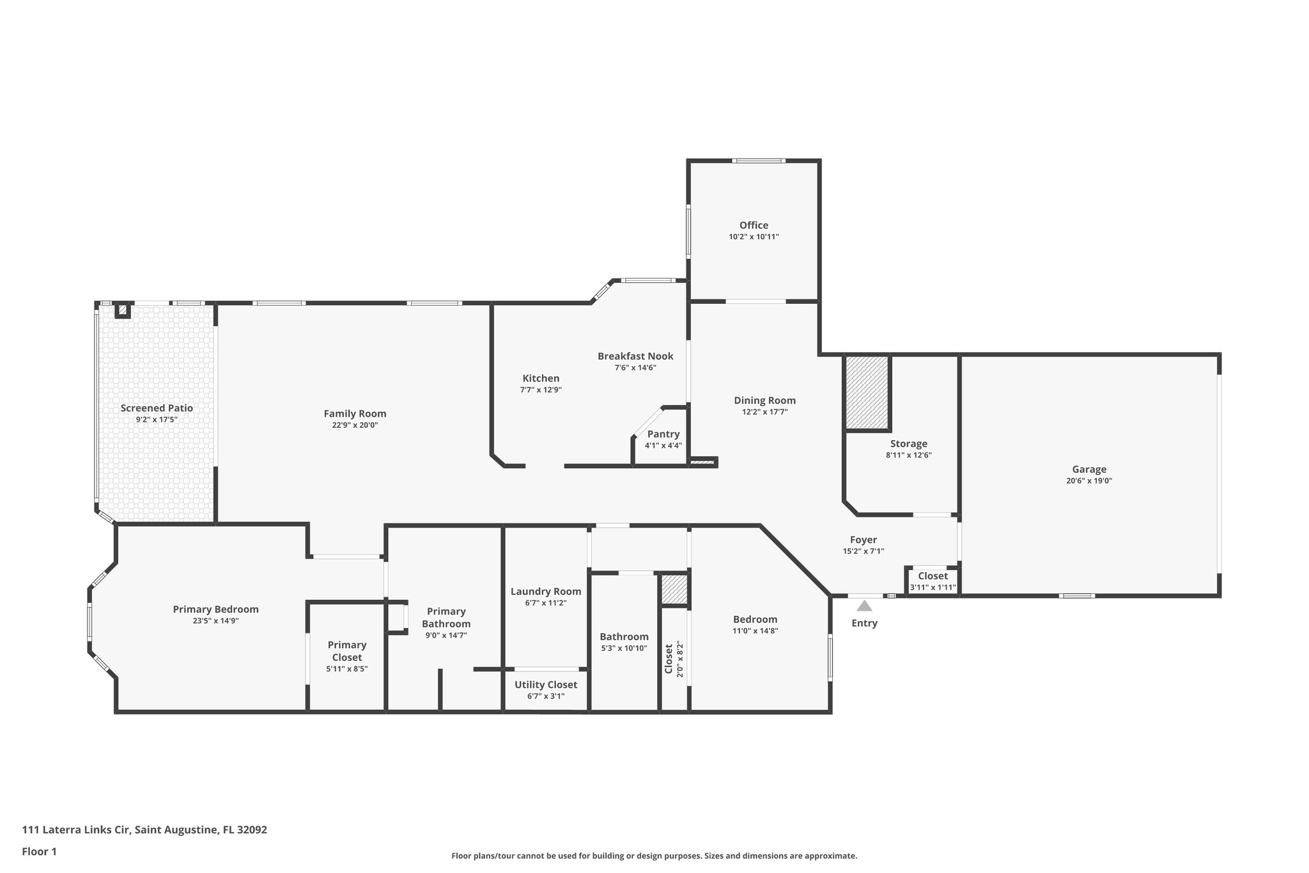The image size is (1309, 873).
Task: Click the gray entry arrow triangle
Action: (864, 606)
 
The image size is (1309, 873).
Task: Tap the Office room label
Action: (754, 225)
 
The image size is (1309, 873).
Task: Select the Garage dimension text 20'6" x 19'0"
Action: (1089, 481)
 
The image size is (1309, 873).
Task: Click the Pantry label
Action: (663, 434)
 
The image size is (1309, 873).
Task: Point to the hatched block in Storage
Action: (867, 393)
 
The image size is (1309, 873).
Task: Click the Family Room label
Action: (355, 414)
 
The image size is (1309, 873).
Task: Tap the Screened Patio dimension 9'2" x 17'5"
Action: (157, 420)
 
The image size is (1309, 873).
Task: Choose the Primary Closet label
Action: (347, 651)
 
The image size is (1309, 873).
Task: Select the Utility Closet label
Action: (546, 685)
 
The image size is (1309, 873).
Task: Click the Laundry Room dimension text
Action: (546, 603)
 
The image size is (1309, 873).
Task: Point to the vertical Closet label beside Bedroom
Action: (669, 659)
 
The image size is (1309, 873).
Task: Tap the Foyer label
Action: (864, 540)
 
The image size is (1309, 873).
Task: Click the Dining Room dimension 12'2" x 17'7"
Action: (765, 412)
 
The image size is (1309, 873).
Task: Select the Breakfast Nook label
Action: (635, 356)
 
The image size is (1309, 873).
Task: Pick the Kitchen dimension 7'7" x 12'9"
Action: (541, 389)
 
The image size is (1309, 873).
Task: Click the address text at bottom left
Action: (144, 830)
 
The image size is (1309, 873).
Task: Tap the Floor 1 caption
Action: (40, 851)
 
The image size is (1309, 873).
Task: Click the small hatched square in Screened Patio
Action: (122, 310)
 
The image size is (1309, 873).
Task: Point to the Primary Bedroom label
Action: (216, 610)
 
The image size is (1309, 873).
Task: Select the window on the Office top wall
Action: (759, 161)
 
